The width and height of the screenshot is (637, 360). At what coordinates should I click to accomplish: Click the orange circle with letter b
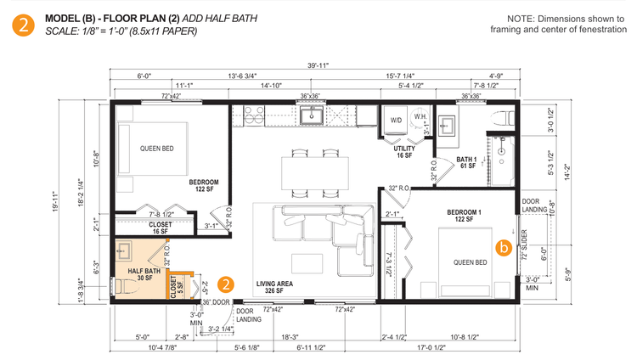(504, 249)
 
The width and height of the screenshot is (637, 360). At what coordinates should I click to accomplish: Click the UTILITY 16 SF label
(403, 152)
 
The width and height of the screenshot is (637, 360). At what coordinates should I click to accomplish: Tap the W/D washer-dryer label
(396, 120)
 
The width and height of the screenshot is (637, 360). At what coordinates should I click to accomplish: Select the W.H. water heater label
(420, 116)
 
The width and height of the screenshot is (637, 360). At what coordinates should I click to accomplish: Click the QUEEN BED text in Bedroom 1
(470, 262)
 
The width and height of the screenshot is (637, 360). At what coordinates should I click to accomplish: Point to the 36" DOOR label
(217, 302)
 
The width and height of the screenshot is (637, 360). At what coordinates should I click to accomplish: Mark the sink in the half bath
(126, 250)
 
